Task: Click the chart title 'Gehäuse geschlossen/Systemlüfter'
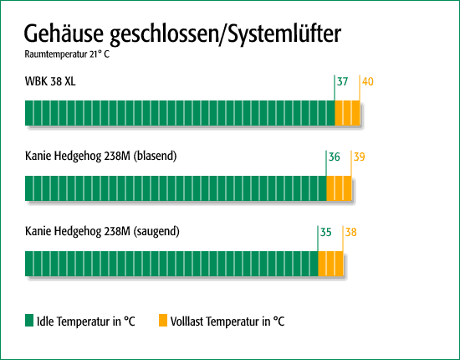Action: pos(182,34)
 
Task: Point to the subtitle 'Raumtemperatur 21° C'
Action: pos(67,54)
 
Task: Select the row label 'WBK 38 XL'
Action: pos(50,81)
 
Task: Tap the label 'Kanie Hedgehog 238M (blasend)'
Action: pos(101,156)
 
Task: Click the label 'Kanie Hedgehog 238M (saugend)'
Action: pos(102,231)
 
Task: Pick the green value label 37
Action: pos(342,82)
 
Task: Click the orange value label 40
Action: pos(368,82)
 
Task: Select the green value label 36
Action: pos(335,157)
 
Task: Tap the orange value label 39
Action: pos(360,157)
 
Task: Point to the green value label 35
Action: pos(326,232)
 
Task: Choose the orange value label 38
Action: pos(351,232)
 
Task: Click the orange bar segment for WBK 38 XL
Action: pos(347,113)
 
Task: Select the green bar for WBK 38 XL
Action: pos(180,113)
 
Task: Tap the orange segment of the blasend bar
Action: pos(339,188)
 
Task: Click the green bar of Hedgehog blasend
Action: pos(176,188)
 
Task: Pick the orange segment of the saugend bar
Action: pos(331,264)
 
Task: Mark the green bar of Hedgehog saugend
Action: pos(171,264)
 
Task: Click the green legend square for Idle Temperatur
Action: pos(29,321)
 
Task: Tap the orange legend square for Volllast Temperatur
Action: pos(163,321)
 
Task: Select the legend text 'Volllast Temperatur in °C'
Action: pos(227,321)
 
